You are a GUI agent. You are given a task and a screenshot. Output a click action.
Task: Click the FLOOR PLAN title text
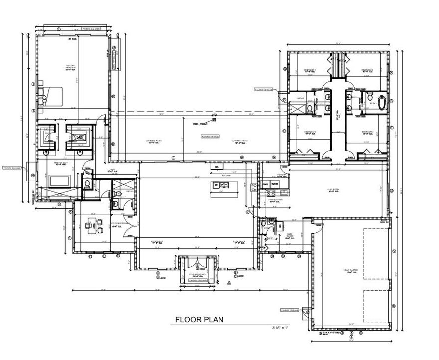pos(199,320)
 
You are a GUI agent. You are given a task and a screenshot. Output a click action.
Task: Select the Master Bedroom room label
pos(74,67)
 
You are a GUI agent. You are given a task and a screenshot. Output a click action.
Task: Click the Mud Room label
pos(289,236)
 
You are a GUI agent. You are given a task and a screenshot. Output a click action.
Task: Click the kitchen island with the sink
pos(223,186)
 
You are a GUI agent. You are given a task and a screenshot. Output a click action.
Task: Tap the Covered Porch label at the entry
pos(198,275)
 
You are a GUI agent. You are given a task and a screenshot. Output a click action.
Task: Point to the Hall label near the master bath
pos(112,170)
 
